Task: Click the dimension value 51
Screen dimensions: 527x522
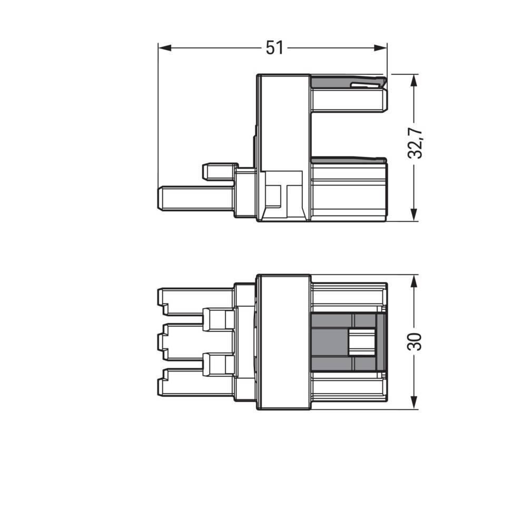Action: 274,48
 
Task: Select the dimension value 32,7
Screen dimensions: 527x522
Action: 416,143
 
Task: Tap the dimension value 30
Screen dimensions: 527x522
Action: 416,341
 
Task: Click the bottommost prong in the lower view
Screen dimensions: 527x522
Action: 195,382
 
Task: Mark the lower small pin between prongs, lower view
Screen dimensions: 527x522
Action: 219,364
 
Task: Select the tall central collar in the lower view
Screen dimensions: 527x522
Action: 283,341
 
